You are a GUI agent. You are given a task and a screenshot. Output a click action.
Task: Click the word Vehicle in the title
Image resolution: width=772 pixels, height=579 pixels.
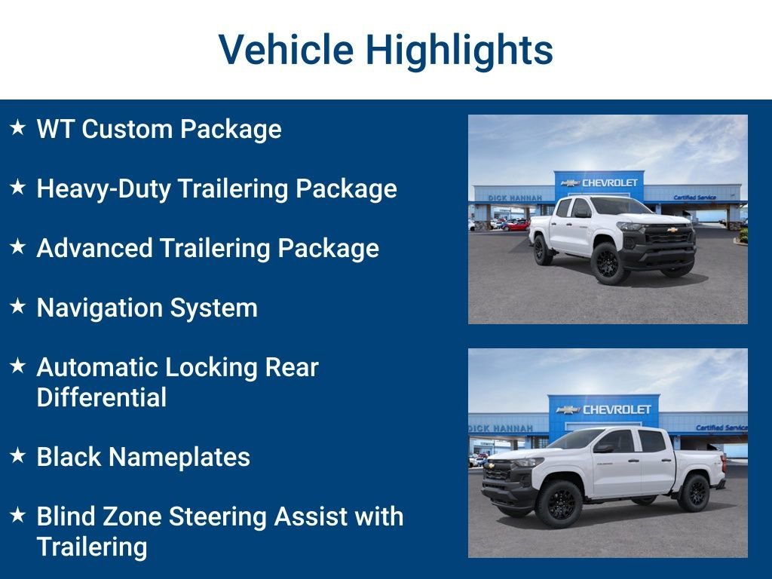click(286, 49)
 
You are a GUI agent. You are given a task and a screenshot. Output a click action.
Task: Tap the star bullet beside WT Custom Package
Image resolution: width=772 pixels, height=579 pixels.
click(18, 127)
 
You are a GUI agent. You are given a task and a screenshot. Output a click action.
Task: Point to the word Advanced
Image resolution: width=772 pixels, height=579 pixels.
click(94, 247)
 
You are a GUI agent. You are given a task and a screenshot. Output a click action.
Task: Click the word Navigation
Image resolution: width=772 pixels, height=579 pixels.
click(100, 308)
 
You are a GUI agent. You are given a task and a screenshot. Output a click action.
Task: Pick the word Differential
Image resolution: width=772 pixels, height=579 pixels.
click(102, 397)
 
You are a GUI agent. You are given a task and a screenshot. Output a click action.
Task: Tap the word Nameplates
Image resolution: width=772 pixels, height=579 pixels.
click(179, 458)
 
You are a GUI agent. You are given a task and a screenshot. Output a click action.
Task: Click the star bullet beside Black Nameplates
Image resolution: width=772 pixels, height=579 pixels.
click(18, 455)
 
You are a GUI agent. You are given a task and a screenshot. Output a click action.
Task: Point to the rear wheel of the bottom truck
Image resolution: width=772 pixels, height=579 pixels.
click(694, 492)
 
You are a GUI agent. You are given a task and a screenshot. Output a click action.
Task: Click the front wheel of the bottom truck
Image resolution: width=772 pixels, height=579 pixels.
click(559, 504)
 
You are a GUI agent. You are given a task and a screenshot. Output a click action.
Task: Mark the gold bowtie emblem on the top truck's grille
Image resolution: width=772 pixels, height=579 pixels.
click(672, 230)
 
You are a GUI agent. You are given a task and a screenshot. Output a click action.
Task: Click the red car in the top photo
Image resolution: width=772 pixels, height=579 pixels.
click(516, 226)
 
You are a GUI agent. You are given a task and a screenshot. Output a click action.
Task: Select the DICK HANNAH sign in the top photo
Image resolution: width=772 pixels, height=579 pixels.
click(515, 198)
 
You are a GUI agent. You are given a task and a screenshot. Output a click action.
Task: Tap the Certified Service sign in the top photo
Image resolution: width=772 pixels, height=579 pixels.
click(694, 198)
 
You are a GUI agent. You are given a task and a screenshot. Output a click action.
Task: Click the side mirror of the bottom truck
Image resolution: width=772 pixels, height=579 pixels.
click(603, 448)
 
